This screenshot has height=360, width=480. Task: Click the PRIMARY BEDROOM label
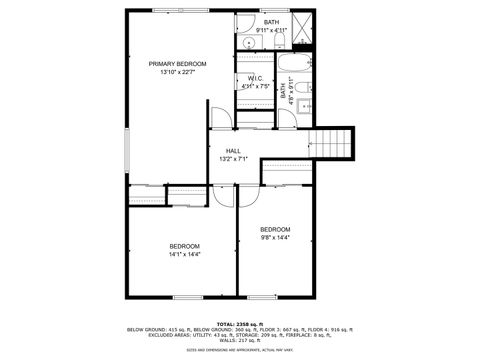coord(177,64)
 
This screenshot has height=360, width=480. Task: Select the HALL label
coord(232,150)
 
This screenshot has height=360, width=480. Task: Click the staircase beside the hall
coord(333,142)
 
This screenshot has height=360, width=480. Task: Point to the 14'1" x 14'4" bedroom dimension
coord(184,255)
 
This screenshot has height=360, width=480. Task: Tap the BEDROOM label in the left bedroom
coord(184,246)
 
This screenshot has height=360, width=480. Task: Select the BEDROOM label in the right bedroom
coord(275,229)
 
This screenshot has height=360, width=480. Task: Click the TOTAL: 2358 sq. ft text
coord(240,323)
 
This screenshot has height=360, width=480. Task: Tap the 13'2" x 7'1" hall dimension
coord(232,159)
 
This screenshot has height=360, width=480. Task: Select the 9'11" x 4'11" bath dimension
coord(271,30)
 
